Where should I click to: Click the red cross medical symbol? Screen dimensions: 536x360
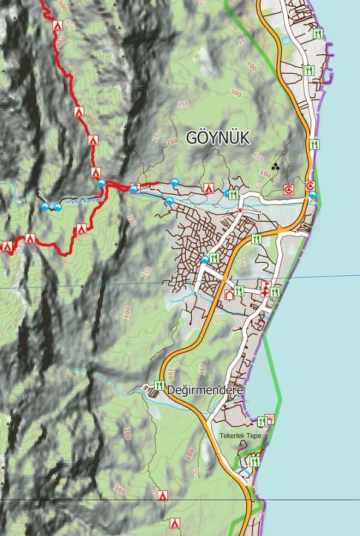264,292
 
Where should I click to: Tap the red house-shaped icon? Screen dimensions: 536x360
229,295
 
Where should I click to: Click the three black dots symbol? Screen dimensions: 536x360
275,166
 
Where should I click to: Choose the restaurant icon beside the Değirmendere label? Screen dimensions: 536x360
159,385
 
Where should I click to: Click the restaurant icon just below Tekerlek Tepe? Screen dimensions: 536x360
254,462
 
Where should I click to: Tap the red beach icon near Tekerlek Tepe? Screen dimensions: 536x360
270,419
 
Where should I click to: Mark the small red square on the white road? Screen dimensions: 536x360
240,210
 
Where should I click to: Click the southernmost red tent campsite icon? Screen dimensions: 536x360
175,522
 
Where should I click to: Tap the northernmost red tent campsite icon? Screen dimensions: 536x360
57,25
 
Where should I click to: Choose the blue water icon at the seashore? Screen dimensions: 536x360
312,195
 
